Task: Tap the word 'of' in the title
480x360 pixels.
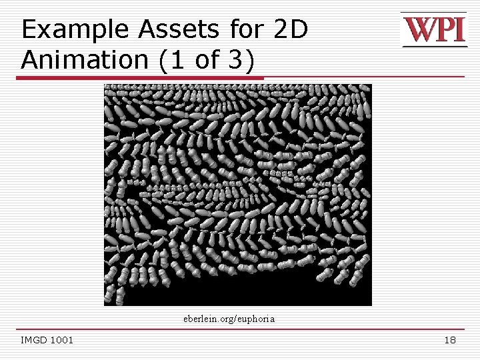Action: pyautogui.click(x=207, y=60)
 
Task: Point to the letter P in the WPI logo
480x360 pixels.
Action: pyautogui.click(x=445, y=30)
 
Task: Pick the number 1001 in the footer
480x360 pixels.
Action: pyautogui.click(x=62, y=341)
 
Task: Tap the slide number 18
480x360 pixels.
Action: pyautogui.click(x=450, y=341)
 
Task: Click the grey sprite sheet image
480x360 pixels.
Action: pyautogui.click(x=237, y=187)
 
